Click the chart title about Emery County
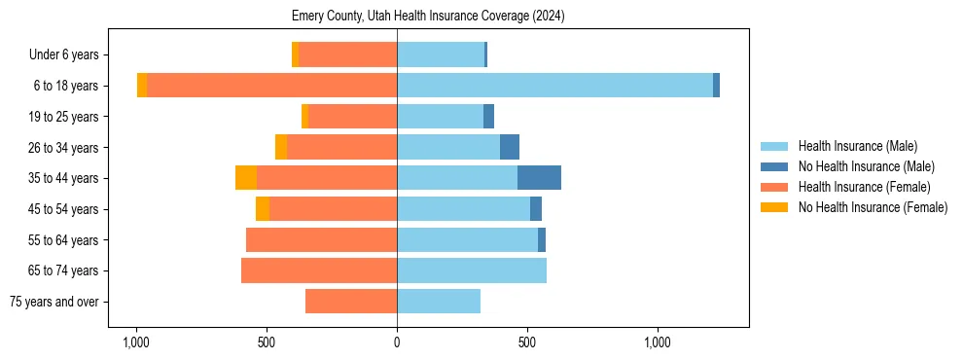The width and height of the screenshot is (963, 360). (x=428, y=17)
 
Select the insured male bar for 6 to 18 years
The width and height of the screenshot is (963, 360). (x=554, y=86)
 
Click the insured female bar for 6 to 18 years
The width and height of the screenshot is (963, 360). (x=272, y=86)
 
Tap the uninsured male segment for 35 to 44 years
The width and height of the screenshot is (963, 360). (x=539, y=178)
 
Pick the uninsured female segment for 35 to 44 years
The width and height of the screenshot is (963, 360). (x=246, y=178)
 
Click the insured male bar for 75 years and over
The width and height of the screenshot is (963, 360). (x=439, y=302)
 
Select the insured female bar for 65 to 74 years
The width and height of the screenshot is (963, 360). (x=319, y=270)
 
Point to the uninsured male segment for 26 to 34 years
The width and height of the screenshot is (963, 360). (x=510, y=147)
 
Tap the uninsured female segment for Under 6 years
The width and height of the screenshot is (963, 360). (x=295, y=54)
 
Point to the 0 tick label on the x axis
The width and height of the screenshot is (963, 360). (x=397, y=342)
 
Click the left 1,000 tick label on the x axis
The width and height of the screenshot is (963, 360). (x=135, y=342)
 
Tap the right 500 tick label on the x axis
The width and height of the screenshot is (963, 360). (x=527, y=342)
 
